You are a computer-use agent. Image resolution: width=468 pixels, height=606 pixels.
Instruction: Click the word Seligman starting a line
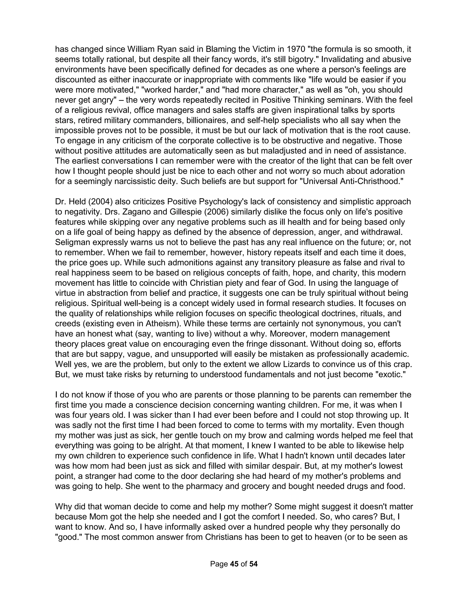73,242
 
